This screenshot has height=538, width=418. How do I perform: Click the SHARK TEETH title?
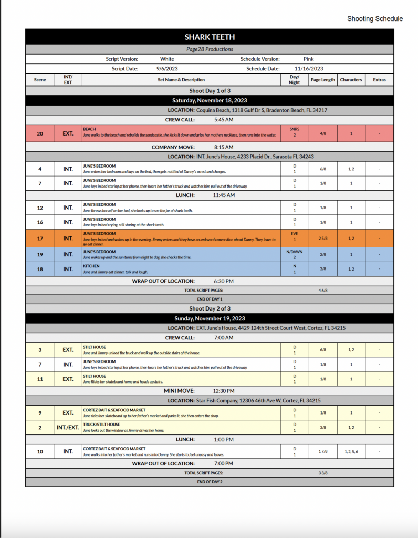[x=210, y=37]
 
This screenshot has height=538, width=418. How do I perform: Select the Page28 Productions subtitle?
[x=210, y=49]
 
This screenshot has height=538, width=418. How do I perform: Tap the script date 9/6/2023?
[x=168, y=68]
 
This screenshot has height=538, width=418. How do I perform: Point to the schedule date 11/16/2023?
[x=309, y=68]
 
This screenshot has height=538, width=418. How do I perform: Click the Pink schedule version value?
[x=309, y=59]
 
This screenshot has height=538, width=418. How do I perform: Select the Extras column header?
[x=379, y=80]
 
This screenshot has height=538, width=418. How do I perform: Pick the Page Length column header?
[x=322, y=80]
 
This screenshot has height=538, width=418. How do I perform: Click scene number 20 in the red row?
[x=40, y=133]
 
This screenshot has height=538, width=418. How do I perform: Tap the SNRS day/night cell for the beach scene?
[x=295, y=131]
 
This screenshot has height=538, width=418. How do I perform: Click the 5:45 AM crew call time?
[x=224, y=120]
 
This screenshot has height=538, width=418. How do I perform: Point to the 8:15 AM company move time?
[x=224, y=147]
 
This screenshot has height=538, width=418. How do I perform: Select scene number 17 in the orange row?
[x=40, y=239]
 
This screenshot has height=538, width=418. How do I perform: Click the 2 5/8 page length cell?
[x=322, y=239]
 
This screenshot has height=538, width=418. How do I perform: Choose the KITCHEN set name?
[x=91, y=266]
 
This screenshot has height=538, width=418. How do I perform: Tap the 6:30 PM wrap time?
[x=224, y=281]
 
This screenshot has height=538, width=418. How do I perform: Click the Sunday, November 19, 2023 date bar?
[x=210, y=318]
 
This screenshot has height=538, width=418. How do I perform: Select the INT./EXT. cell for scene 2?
[x=68, y=427]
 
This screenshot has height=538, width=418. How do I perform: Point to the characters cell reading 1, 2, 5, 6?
[x=351, y=451]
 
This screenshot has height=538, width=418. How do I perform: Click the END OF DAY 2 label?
[x=210, y=482]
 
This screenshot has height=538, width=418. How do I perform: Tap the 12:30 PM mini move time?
[x=224, y=391]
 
